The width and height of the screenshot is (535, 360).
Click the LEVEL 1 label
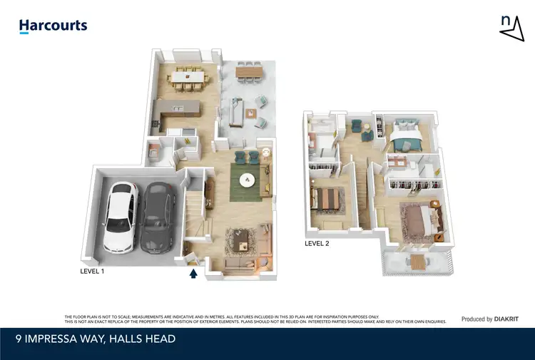(x=96, y=272)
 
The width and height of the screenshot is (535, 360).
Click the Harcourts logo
(x=53, y=26)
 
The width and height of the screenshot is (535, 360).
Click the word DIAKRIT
(x=506, y=319)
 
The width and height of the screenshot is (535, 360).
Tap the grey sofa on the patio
(x=236, y=113)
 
